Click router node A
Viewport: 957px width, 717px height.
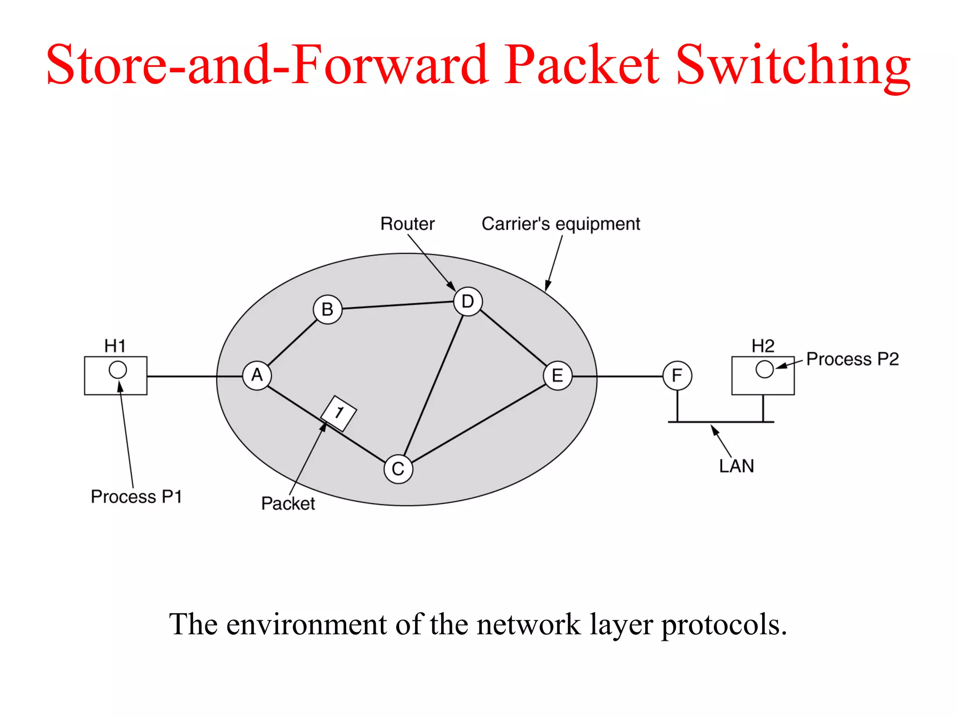(257, 375)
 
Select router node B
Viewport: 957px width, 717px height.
(328, 309)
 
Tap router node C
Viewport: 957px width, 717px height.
(398, 469)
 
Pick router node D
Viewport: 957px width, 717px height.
(468, 302)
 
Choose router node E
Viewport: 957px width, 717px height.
(557, 375)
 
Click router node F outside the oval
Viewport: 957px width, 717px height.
(677, 375)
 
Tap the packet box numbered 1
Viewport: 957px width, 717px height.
(339, 413)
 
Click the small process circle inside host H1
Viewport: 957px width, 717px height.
(118, 370)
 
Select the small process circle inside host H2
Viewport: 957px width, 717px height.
(764, 369)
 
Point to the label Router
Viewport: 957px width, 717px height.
(407, 224)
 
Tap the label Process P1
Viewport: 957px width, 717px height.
(136, 497)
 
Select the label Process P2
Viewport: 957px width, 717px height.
(852, 359)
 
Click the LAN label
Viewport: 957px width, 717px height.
(736, 466)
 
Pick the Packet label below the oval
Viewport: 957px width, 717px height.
(288, 504)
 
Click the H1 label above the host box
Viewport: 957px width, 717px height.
(115, 346)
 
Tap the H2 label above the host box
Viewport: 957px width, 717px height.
(763, 346)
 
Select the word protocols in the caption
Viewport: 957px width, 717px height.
(724, 625)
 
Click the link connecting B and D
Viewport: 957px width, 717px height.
(398, 305)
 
